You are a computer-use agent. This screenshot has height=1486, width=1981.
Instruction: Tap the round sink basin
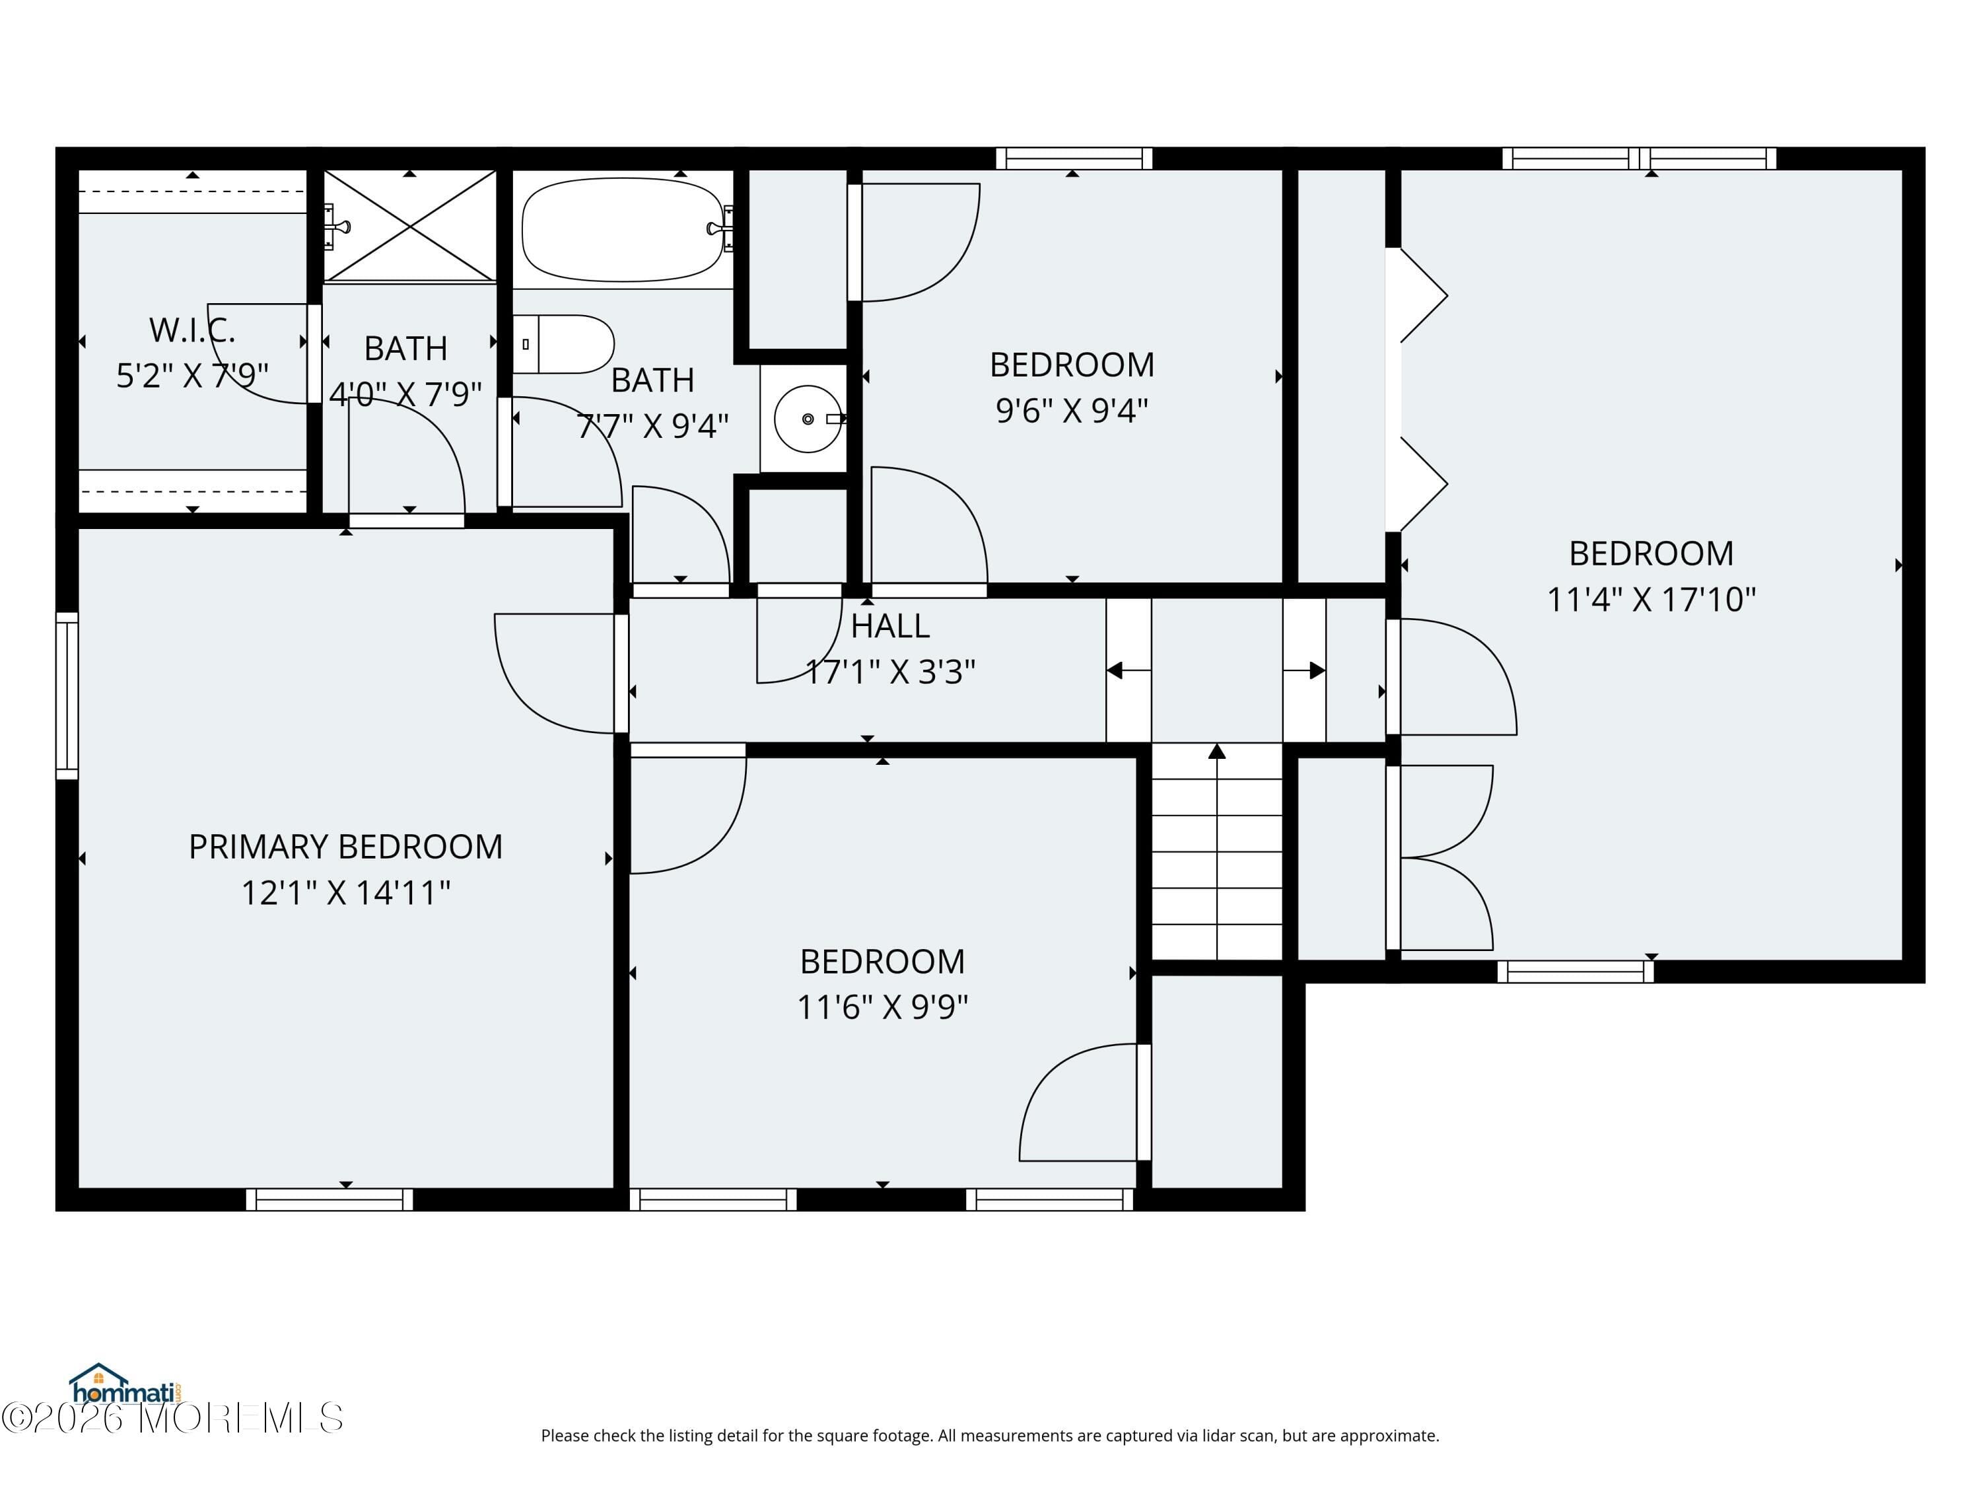tap(807, 418)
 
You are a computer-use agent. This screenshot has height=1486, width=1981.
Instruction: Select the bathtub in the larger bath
tap(623, 229)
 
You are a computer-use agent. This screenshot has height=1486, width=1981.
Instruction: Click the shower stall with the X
tap(409, 226)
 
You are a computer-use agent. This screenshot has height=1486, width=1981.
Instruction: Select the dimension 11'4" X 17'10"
tap(1651, 599)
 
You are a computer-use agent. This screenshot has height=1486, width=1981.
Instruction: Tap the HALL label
tap(889, 626)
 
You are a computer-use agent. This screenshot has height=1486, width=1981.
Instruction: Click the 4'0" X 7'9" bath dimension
tap(405, 393)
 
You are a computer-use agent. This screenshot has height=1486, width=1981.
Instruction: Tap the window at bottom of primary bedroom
tap(330, 1199)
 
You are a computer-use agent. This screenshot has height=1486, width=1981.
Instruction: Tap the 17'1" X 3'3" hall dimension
tap(889, 672)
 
